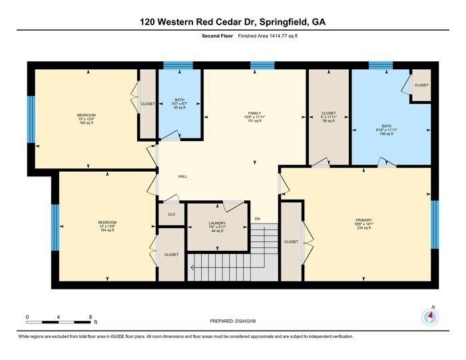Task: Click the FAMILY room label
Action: click(x=254, y=113)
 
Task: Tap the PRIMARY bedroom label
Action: click(x=363, y=220)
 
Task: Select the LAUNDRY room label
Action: click(x=217, y=224)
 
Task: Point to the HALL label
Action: click(x=182, y=176)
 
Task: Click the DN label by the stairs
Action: click(x=257, y=220)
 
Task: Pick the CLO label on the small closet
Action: click(x=171, y=214)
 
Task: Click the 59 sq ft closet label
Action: click(x=328, y=113)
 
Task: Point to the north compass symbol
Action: click(x=429, y=317)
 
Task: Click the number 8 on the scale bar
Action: click(x=90, y=317)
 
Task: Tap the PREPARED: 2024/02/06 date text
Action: click(x=231, y=321)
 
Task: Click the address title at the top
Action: click(x=232, y=22)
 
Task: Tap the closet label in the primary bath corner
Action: click(x=421, y=85)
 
